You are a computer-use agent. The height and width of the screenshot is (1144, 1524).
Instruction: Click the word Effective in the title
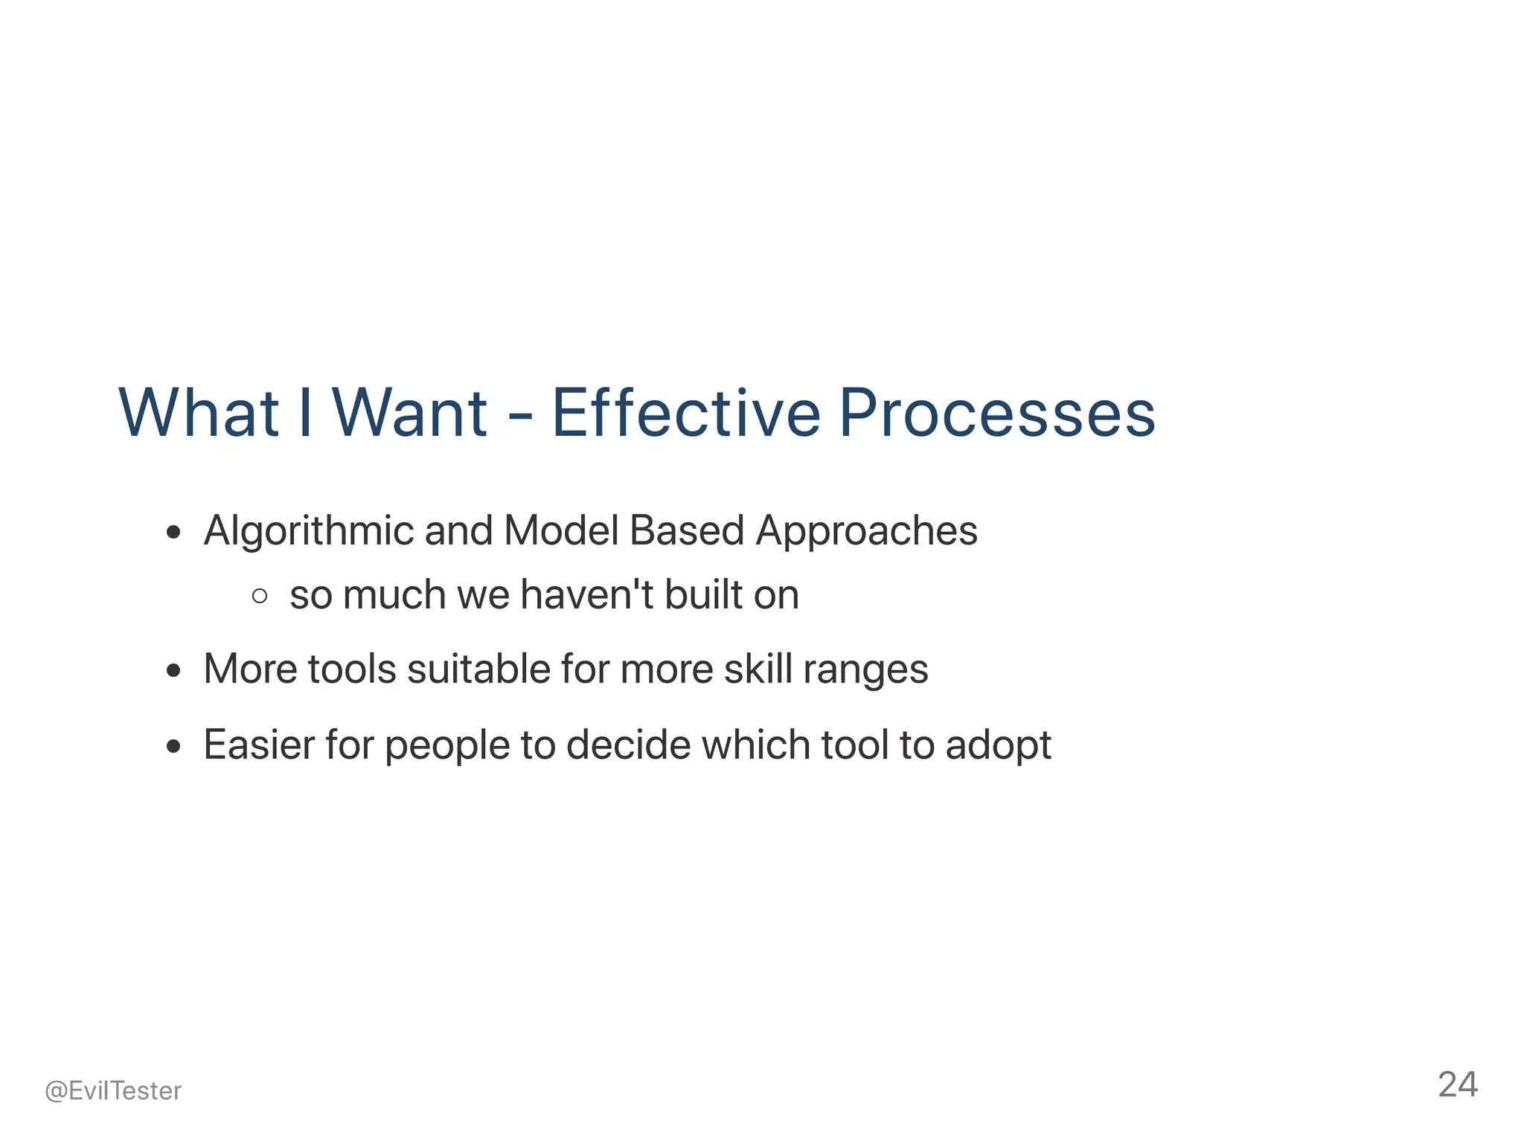coord(685,413)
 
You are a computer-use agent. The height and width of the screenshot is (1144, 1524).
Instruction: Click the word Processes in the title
coord(997,413)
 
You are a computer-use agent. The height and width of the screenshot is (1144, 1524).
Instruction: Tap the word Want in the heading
coord(409,413)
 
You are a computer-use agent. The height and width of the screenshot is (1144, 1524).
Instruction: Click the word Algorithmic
coord(308,532)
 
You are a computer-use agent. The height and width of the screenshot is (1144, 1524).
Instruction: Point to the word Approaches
coord(866,532)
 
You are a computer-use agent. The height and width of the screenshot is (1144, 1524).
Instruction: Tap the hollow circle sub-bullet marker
coord(260,595)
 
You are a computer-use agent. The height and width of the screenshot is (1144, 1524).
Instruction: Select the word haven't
coord(586,594)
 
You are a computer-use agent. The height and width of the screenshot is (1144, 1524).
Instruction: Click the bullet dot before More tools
coord(174,670)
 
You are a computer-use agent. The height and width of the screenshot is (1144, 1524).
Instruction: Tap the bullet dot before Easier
coord(174,746)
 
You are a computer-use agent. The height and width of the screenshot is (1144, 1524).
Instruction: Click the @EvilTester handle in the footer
coord(113,1090)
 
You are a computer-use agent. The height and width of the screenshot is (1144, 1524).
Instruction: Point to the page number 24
coord(1457,1084)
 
